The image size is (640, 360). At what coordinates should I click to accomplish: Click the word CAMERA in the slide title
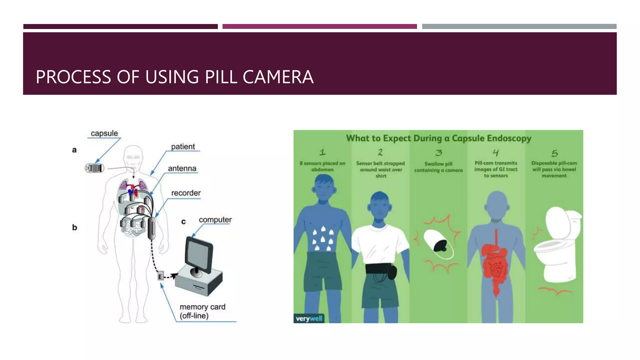tap(278, 77)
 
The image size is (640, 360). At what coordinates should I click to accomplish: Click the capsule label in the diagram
tap(104, 133)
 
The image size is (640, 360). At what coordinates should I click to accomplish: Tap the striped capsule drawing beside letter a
tap(95, 168)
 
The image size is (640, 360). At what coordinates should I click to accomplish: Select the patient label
tap(183, 147)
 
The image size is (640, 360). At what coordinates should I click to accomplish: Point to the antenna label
tap(182, 169)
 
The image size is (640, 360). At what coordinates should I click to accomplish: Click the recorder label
tap(186, 193)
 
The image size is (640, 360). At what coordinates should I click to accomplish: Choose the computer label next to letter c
tap(215, 220)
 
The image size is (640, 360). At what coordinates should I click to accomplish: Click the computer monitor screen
tap(198, 255)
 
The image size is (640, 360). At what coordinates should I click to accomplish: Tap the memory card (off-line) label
tap(202, 311)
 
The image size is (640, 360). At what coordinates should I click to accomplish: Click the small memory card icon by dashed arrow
tap(161, 276)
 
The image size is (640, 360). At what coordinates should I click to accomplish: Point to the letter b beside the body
tap(74, 227)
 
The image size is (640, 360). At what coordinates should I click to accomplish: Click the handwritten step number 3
tap(439, 153)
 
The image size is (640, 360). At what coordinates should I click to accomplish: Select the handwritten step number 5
tap(554, 153)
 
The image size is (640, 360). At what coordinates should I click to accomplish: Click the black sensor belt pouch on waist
tap(392, 272)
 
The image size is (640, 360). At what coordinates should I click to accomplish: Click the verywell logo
tap(309, 319)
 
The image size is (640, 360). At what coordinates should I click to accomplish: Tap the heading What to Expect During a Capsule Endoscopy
tap(438, 138)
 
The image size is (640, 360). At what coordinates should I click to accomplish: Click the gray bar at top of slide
tap(519, 27)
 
